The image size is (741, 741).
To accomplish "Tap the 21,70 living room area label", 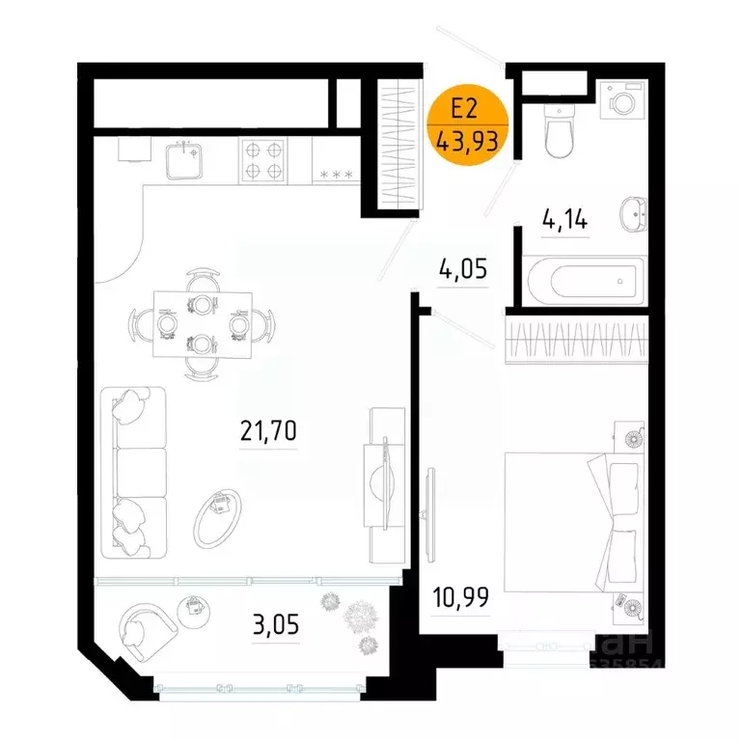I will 269,431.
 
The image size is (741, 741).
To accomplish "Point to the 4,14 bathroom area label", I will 565,221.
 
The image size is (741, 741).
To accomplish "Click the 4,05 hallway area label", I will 463,268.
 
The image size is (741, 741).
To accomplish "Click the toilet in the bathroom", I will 559,131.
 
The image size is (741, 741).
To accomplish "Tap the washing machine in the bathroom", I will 620,99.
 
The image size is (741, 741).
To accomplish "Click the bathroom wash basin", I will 633,212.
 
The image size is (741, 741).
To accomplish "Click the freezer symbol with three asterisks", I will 337,174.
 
